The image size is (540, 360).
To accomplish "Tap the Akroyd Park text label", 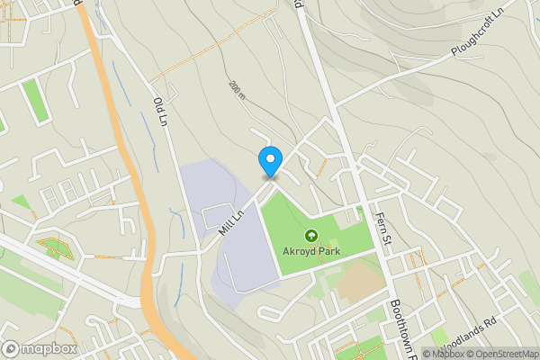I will pos(311,251).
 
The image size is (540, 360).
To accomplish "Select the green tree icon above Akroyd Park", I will pos(311,237).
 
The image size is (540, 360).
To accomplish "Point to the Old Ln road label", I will pos(161,112).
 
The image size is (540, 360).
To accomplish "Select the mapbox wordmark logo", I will pos(49,348).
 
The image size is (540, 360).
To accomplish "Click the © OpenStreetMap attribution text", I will pos(502,354).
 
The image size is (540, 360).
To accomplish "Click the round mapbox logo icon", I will pos(11,348).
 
